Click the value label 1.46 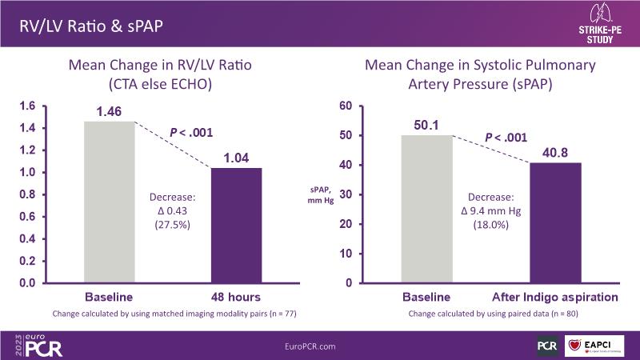click(x=109, y=111)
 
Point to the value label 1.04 click(x=235, y=158)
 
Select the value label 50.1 click(x=426, y=125)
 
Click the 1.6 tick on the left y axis click(x=27, y=106)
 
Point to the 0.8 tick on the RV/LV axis click(x=27, y=194)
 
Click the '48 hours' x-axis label click(x=235, y=297)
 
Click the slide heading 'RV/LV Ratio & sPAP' click(x=90, y=26)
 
